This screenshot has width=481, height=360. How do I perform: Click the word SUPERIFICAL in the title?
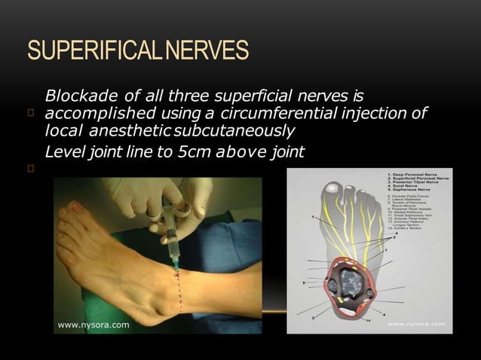90,50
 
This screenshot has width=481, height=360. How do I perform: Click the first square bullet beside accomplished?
31,114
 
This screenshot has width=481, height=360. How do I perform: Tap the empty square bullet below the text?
31,169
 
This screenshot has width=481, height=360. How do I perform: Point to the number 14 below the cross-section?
367,321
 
